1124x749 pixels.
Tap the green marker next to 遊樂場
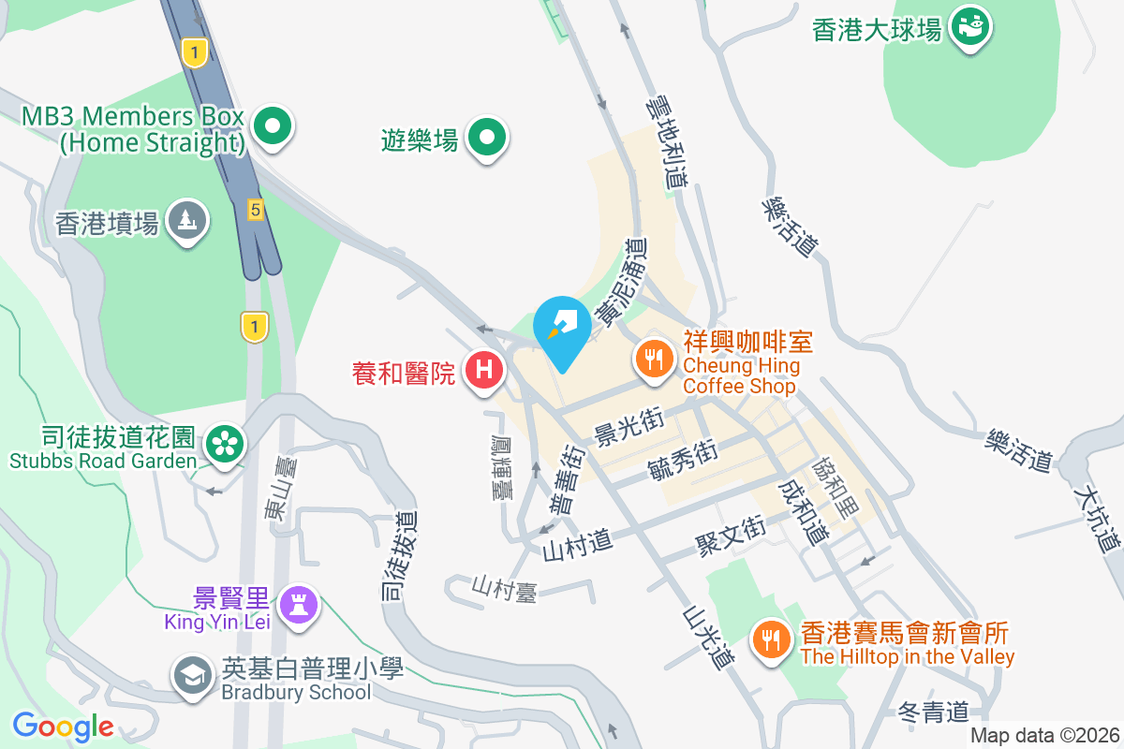(487, 139)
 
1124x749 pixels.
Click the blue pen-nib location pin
(562, 328)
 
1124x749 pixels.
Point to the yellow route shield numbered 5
(255, 210)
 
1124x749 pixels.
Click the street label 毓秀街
(683, 460)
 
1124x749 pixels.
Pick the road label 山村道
(577, 540)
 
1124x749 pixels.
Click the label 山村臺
(504, 588)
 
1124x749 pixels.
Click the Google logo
(63, 727)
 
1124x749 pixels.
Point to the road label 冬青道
(933, 712)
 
